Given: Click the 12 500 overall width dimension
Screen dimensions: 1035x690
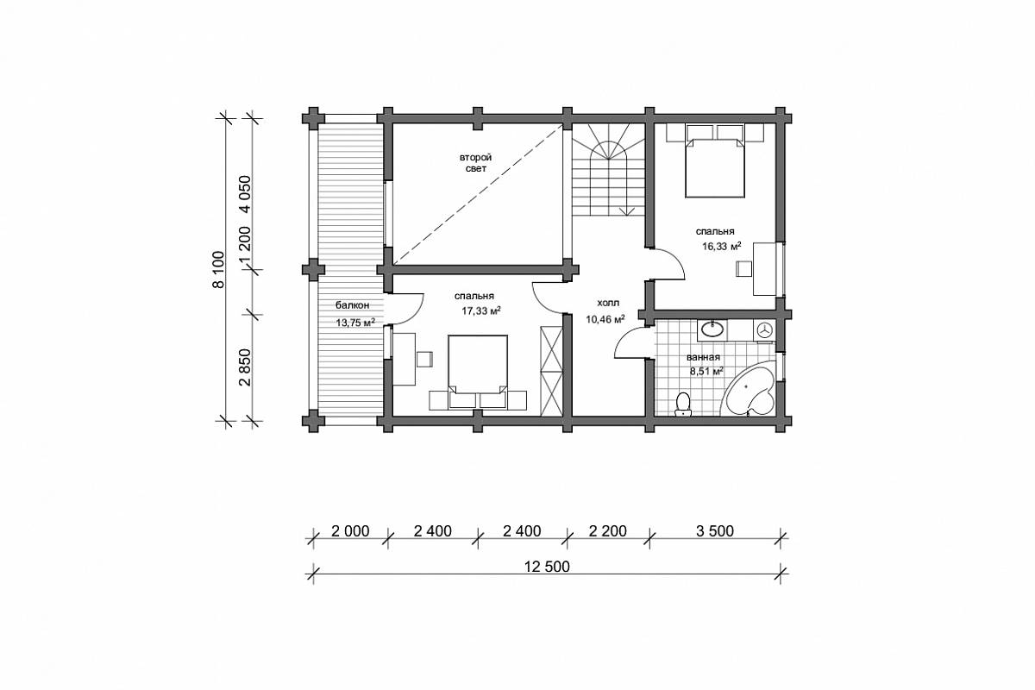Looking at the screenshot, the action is (547, 567).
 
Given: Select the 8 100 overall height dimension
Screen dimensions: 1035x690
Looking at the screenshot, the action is (218, 269).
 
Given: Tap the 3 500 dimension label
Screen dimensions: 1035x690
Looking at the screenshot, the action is (715, 531).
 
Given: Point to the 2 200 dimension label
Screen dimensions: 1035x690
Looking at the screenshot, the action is (607, 531).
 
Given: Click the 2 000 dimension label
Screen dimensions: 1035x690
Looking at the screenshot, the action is (351, 531).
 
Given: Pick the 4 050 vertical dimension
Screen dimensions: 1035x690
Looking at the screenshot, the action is (245, 194).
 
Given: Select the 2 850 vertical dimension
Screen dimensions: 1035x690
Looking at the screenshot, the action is (245, 367).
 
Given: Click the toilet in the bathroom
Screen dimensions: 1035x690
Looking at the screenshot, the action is (682, 405).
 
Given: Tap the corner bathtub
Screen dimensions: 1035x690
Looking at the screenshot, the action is (749, 390).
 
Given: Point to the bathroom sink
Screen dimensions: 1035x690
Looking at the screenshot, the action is (712, 329).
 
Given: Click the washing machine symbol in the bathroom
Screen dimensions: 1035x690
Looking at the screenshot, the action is (764, 330).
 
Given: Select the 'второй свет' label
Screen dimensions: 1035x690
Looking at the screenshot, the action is (475, 163).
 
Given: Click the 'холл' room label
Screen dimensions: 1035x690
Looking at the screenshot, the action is (608, 304).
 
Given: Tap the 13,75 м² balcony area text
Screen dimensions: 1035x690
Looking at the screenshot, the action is (354, 322).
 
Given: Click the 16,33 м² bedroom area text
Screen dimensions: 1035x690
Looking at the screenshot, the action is (722, 247).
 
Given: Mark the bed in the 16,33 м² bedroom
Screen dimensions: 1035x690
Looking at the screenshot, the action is (715, 168).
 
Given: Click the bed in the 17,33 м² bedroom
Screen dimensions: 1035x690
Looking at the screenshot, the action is (478, 372).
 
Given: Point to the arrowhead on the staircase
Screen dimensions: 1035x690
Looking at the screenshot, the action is (626, 211).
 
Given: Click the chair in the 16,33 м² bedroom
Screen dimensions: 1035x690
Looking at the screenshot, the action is (743, 269).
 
